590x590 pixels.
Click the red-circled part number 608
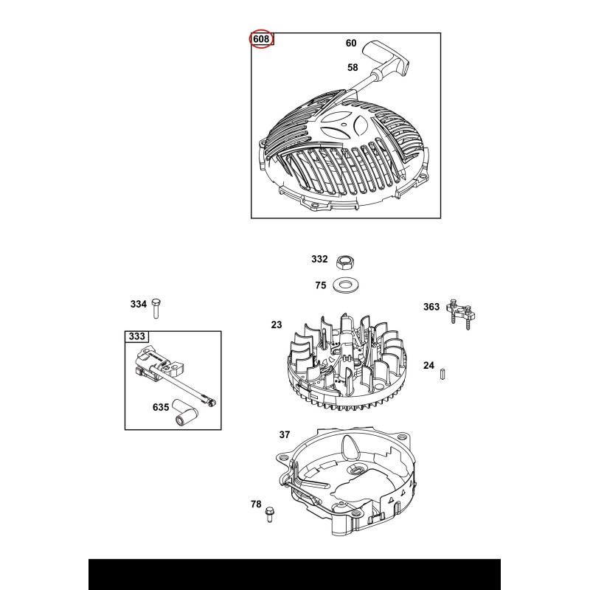(261, 39)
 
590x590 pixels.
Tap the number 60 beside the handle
(351, 44)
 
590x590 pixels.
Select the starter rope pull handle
(386, 59)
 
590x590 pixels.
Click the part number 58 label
(353, 68)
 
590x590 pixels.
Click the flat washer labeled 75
(346, 285)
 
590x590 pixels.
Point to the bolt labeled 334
(156, 308)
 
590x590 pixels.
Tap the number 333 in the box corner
(136, 336)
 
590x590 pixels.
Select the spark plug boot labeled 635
(186, 412)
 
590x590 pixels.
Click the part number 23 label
(276, 324)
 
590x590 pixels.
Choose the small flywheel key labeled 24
(442, 374)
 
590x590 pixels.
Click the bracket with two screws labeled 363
(460, 314)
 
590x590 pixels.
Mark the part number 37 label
(285, 435)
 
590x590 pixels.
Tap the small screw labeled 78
(268, 514)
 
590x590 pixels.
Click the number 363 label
(431, 307)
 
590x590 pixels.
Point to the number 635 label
(161, 407)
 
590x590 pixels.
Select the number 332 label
(319, 259)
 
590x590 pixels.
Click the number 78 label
(256, 504)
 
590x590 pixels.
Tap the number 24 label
(428, 365)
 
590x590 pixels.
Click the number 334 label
(139, 304)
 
